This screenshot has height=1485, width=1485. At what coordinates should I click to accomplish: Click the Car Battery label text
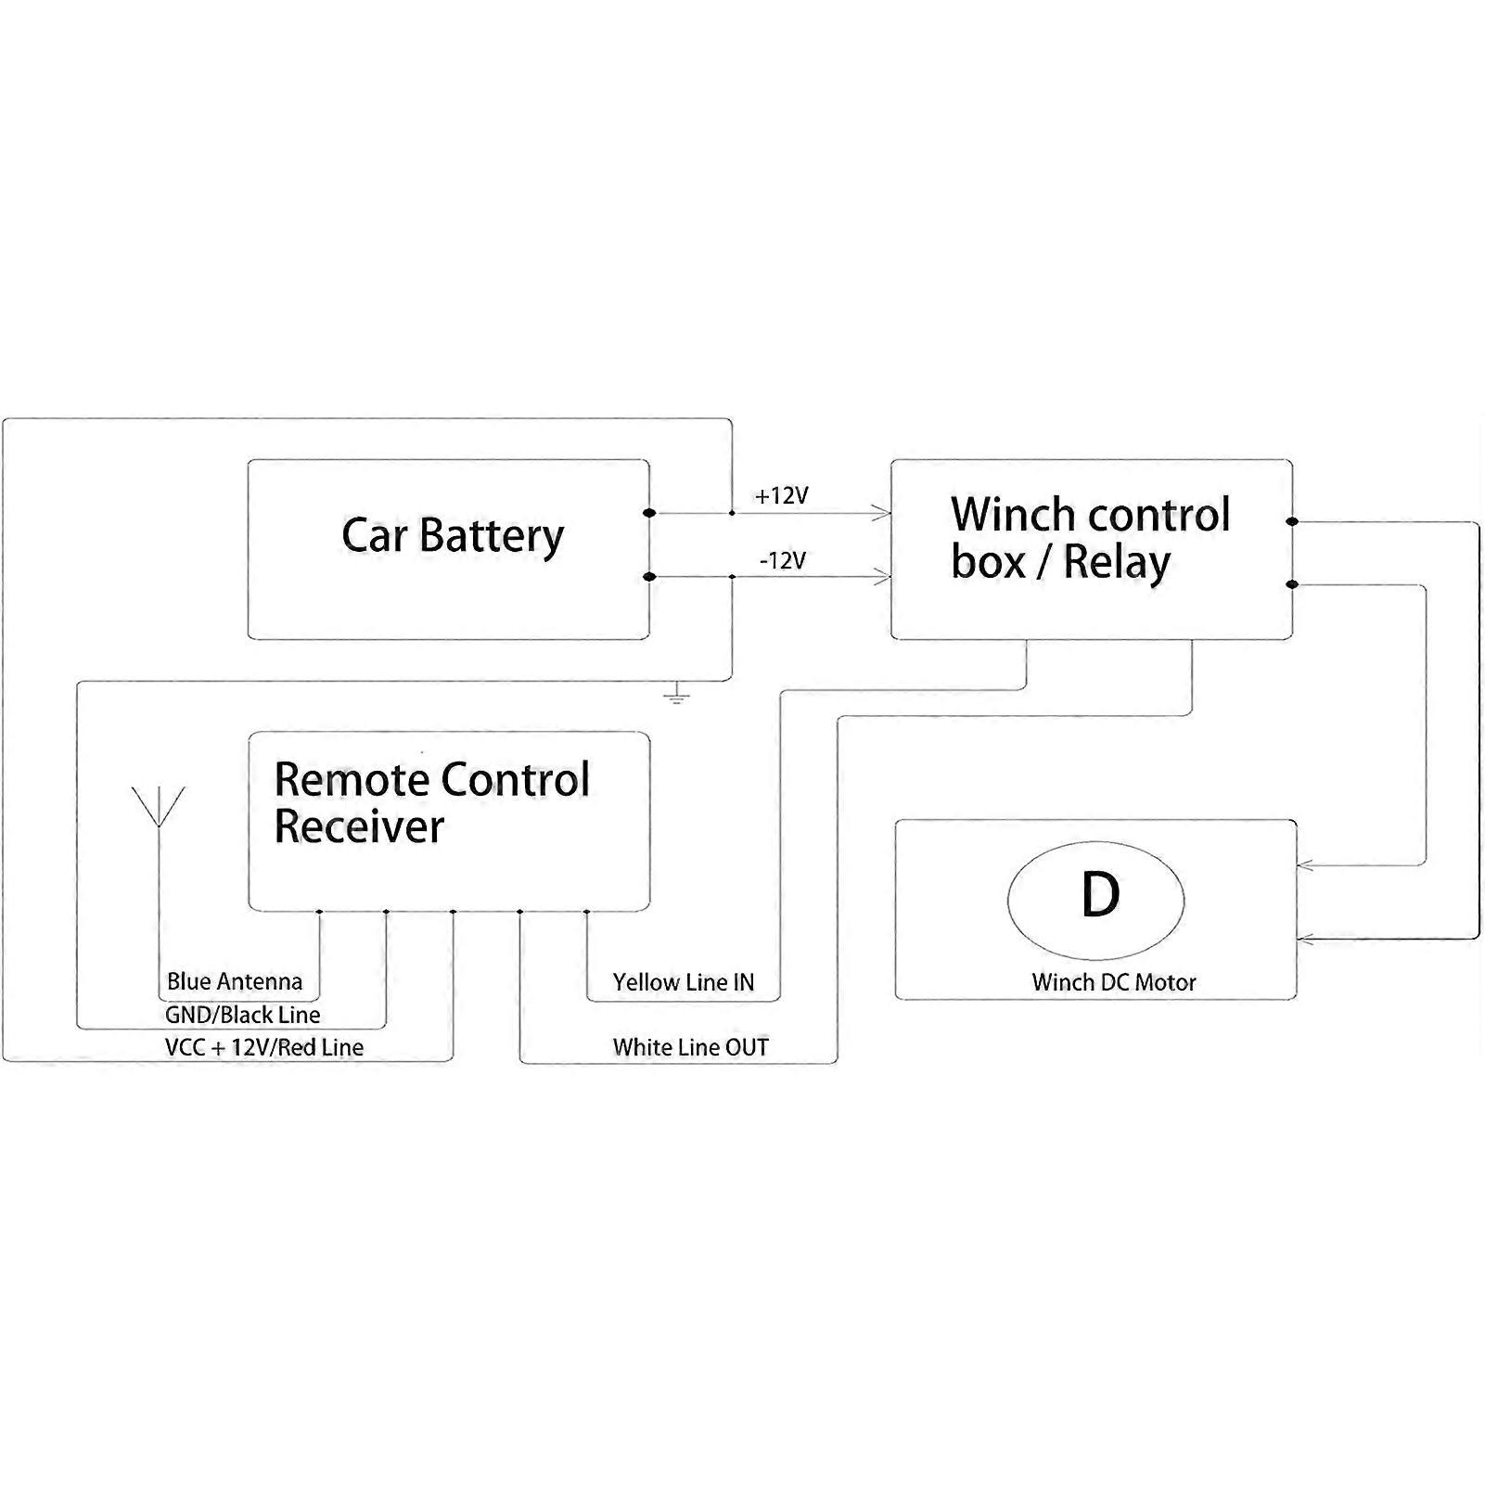click(452, 536)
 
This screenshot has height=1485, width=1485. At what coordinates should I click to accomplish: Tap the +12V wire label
click(781, 496)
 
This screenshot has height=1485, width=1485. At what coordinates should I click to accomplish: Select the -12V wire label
click(782, 560)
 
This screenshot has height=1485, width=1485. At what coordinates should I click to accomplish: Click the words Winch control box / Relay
click(1089, 539)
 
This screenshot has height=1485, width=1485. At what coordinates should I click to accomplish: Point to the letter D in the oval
click(1100, 896)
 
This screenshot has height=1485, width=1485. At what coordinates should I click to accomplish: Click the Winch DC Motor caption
click(1113, 982)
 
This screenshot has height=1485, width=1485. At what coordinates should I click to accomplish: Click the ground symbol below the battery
click(677, 694)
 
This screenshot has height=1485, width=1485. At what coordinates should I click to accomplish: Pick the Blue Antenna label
click(234, 981)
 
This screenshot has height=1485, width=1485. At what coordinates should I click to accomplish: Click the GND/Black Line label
click(242, 1015)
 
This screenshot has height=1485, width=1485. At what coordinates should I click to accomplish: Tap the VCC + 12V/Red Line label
click(263, 1047)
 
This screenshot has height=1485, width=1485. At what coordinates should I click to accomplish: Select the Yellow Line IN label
click(683, 982)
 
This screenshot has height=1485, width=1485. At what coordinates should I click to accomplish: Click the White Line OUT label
click(690, 1047)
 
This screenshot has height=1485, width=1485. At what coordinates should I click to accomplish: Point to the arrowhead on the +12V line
click(880, 513)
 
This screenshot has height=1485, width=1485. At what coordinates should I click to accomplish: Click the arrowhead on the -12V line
click(880, 578)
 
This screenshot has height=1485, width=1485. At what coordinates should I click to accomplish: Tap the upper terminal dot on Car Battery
click(649, 513)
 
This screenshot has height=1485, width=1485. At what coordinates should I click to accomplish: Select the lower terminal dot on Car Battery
click(649, 577)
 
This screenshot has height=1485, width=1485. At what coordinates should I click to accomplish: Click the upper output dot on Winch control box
click(1292, 522)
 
